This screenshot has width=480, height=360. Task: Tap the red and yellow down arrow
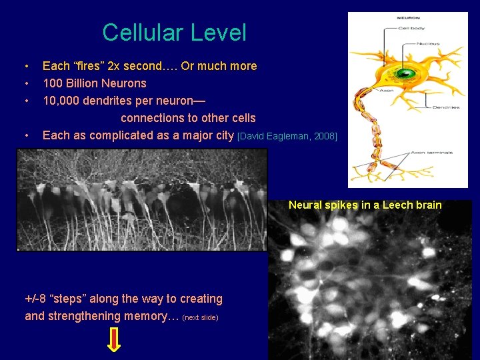[114, 340]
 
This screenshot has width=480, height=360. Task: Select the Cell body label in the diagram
[411, 28]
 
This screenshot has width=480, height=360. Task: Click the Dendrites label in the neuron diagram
[445, 107]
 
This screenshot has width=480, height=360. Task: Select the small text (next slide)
[200, 317]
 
